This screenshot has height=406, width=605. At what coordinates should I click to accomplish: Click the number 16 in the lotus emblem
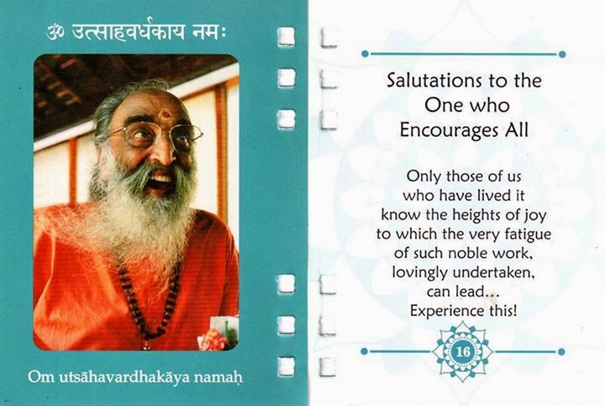pyautogui.click(x=463, y=352)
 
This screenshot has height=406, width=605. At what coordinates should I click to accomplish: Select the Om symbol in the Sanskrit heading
pyautogui.click(x=56, y=33)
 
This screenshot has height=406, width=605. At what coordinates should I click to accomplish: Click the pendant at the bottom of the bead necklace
pyautogui.click(x=146, y=345)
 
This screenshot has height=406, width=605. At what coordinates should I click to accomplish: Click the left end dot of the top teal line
pyautogui.click(x=365, y=54)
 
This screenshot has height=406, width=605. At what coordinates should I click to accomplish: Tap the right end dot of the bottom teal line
pyautogui.click(x=561, y=351)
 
